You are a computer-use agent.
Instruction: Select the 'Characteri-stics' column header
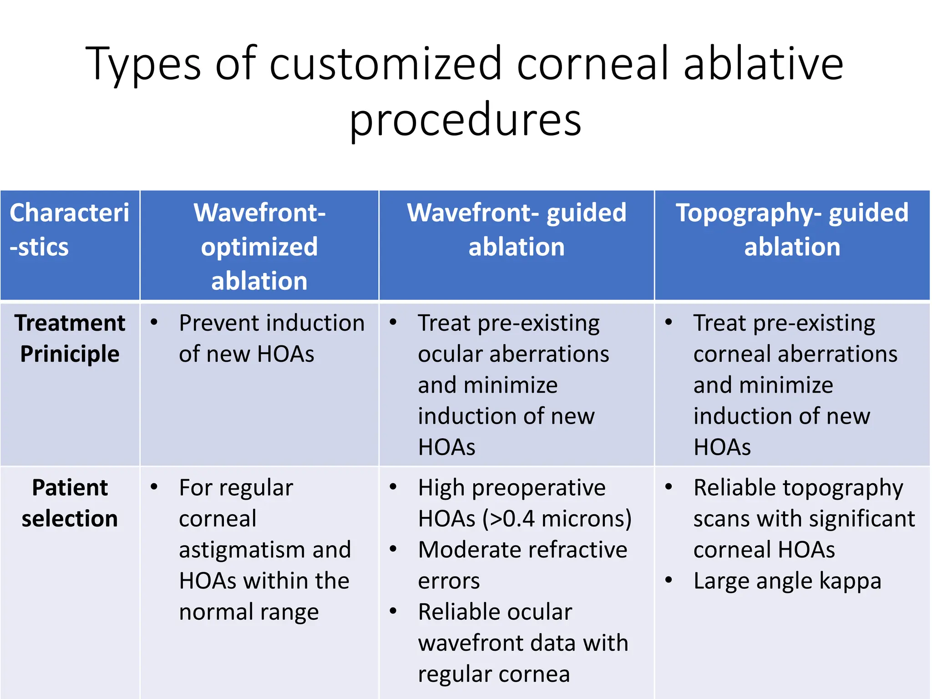69,230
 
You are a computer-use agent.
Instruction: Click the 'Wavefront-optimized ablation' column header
259,246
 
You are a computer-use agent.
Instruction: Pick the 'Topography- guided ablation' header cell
792,230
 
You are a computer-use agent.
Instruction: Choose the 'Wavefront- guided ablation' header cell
517,230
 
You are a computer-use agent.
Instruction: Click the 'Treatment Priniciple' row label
70,338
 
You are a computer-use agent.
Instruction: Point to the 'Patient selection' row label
70,503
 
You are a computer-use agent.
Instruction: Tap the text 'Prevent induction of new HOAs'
271,338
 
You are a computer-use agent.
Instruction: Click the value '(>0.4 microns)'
557,519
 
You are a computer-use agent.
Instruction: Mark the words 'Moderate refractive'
522,550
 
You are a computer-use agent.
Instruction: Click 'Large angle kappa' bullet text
787,581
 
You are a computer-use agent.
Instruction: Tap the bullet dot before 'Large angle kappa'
669,580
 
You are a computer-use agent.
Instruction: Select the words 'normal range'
249,612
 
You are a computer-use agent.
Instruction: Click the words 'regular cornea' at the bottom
494,674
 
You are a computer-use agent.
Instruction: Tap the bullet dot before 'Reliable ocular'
393,611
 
